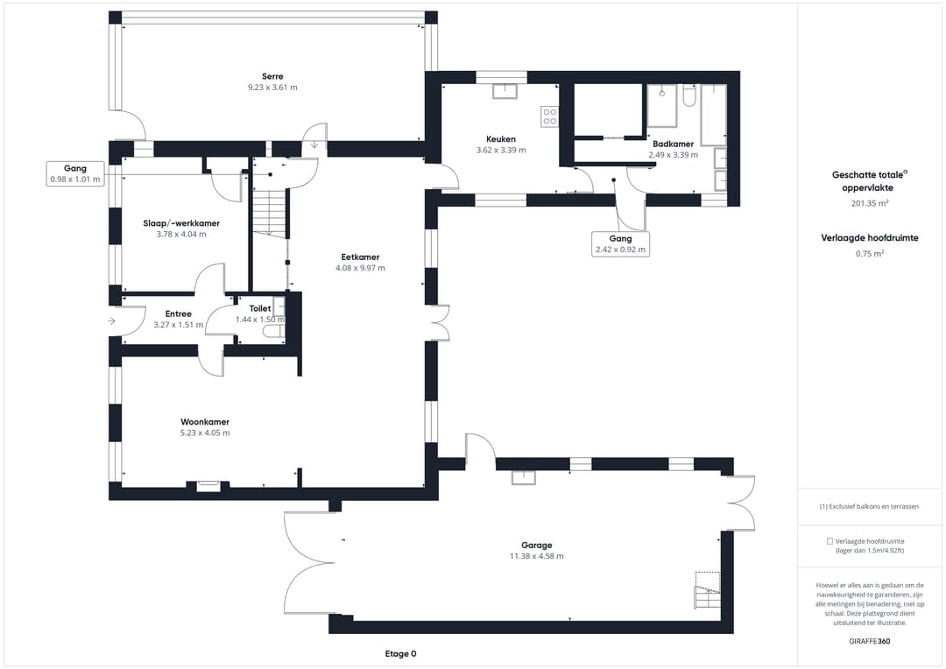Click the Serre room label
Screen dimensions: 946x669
272,76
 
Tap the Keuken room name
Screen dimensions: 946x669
501,139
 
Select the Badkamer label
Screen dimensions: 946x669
673,144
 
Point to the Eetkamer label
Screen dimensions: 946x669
360,257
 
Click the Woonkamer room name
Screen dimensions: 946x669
205,422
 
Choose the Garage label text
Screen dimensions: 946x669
536,546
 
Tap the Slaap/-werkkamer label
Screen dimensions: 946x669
181,223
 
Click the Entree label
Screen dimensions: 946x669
178,313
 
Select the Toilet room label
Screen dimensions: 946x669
260,308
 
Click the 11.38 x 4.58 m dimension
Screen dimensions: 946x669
536,556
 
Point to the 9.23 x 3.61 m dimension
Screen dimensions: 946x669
272,88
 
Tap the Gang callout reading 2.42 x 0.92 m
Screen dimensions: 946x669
620,243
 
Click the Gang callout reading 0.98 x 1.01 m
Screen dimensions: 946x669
75,173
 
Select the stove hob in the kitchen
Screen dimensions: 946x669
549,116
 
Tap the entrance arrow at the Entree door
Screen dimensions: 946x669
111,320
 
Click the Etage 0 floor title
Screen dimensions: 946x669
400,654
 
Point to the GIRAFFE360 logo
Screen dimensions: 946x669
870,641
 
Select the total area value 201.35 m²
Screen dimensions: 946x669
870,203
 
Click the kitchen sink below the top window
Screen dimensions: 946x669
505,91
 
